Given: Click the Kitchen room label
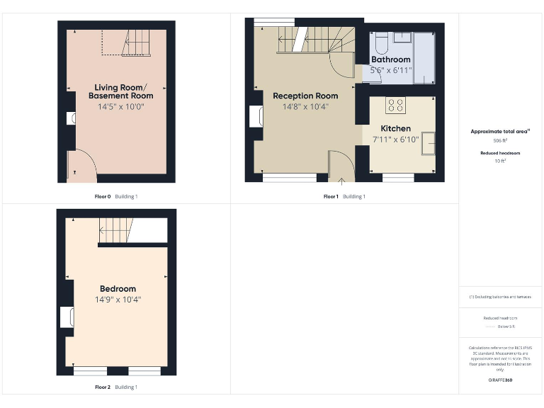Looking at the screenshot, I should coord(395,128).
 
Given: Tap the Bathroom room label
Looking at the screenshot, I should coord(390,59).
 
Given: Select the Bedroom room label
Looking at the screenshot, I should coord(118,289).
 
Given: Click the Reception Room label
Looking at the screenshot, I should coord(305,96).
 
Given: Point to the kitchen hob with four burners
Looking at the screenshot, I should coord(395,106).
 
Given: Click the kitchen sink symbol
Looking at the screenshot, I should coord(428,144).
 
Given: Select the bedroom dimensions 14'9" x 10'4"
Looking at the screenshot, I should coord(118,300).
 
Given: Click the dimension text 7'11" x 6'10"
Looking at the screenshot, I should coord(395,139).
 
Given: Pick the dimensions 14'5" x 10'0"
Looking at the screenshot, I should coord(120,106).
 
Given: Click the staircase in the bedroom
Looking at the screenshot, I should coord(116,230).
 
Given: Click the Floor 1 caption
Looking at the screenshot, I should coord(331,196).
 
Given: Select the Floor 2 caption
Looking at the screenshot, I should coord(103,387).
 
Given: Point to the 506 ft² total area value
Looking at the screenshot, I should coord(499,141).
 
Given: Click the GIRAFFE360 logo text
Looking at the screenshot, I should coord(499,380).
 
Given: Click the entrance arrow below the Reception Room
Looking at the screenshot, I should coord(341,182).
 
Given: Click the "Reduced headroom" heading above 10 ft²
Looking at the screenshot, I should coord(499,153).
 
